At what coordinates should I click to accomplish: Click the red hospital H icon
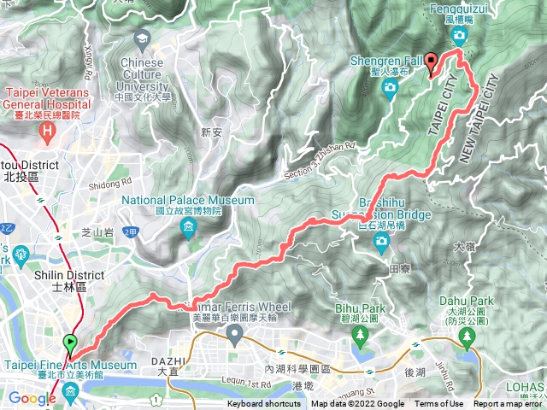pos(48,131)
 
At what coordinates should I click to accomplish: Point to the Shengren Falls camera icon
pos(390,86)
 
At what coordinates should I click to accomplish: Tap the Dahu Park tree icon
pos(468,338)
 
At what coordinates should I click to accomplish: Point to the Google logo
pos(32,398)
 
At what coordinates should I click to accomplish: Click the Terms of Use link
pos(438,404)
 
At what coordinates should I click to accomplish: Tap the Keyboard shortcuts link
pos(265,404)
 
